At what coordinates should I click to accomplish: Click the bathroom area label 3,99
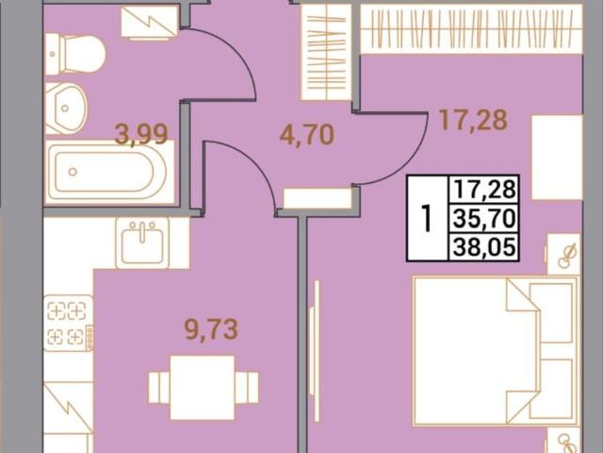click(141, 135)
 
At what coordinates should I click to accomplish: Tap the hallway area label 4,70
click(307, 135)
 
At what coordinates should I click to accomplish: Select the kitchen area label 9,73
click(211, 329)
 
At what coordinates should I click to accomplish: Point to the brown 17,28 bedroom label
click(473, 120)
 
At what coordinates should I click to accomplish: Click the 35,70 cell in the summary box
click(484, 219)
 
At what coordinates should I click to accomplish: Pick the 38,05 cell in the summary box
click(484, 247)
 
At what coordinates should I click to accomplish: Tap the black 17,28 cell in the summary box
click(484, 190)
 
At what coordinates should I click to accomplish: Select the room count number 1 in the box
click(426, 219)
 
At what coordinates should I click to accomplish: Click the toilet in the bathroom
click(75, 54)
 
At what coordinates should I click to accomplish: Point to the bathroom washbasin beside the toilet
click(66, 109)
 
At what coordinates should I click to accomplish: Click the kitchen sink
click(142, 243)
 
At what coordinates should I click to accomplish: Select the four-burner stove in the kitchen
click(69, 323)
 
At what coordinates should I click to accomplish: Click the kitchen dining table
click(203, 388)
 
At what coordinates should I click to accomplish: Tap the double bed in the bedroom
click(496, 351)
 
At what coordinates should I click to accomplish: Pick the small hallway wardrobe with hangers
click(326, 52)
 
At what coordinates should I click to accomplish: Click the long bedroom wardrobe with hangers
click(471, 29)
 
